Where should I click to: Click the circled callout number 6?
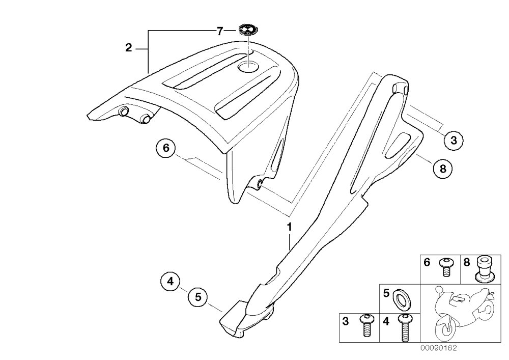click(166, 148)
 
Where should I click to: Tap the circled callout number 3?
click(454, 140)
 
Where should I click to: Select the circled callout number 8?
click(443, 169)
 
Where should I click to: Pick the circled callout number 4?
click(171, 281)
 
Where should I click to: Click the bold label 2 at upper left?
click(129, 48)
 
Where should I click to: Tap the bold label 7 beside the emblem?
click(220, 32)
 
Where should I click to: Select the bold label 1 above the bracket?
click(289, 227)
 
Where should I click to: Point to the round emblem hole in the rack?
click(248, 67)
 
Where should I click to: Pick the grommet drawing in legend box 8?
click(484, 268)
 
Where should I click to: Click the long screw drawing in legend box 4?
click(404, 327)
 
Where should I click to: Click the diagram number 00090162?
click(439, 348)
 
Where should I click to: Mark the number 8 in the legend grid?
click(466, 263)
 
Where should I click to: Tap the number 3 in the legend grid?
click(346, 321)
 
